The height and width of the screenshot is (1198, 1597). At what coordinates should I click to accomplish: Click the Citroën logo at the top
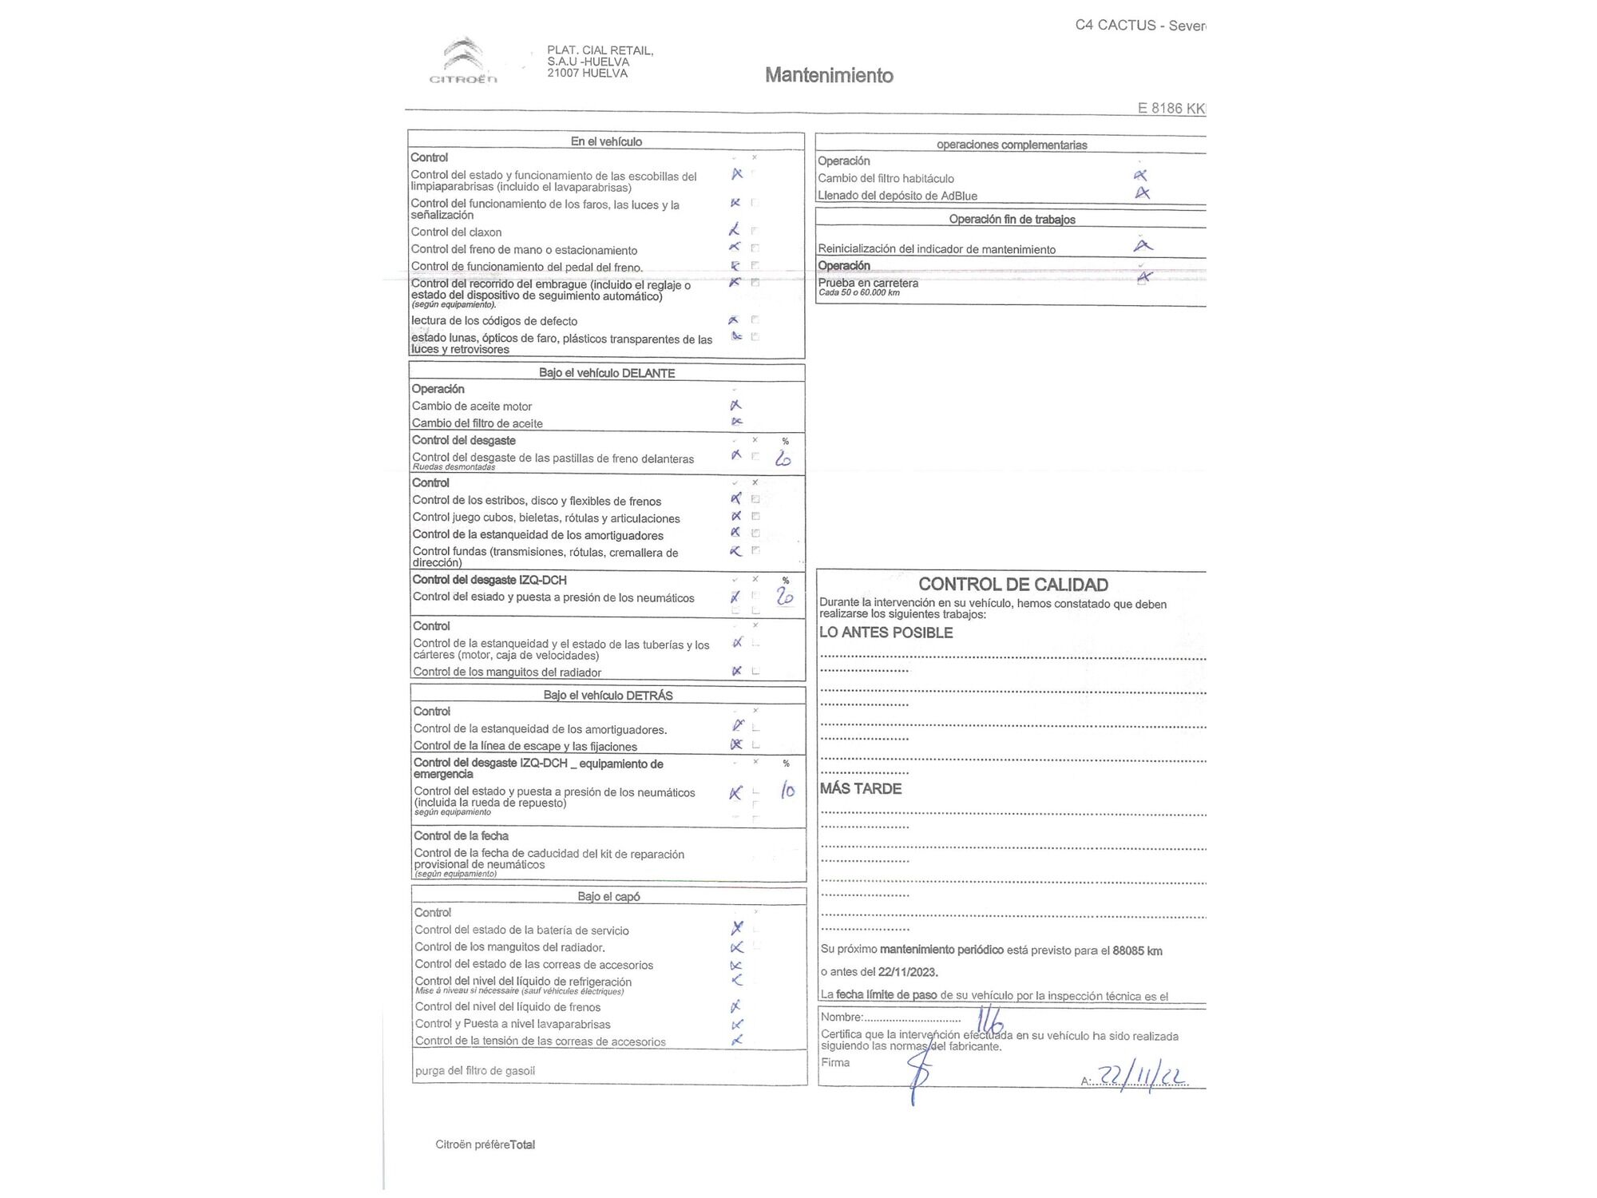463,60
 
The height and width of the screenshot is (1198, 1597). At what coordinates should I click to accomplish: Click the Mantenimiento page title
829,75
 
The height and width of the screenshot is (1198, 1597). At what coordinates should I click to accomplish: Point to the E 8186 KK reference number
1171,109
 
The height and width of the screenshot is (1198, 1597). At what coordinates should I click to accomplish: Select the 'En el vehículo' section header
606,141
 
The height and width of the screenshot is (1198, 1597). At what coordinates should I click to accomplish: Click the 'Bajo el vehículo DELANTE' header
607,373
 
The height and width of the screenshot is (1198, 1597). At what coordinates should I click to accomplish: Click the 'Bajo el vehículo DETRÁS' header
608,695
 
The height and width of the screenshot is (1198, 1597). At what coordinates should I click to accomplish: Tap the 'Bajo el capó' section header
608,896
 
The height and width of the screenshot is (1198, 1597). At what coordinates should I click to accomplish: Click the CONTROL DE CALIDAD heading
1013,585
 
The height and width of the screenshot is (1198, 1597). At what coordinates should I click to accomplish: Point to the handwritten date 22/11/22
1143,1077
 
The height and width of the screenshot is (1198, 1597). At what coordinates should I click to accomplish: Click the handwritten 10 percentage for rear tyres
787,791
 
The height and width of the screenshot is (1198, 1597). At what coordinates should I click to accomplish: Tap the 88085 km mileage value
1137,950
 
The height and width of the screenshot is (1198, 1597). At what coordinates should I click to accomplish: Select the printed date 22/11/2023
906,972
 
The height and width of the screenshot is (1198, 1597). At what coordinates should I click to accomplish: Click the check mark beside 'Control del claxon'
735,230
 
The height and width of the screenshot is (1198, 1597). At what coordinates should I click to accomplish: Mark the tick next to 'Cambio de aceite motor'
735,405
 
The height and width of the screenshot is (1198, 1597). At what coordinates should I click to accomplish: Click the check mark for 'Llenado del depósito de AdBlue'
1143,192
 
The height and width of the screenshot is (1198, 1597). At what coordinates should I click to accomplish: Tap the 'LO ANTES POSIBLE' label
886,633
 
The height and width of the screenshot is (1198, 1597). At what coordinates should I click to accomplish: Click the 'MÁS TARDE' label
860,788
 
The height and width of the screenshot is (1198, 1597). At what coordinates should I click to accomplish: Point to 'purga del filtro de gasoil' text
474,1070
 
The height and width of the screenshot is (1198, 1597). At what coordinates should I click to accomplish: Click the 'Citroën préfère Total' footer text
485,1144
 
